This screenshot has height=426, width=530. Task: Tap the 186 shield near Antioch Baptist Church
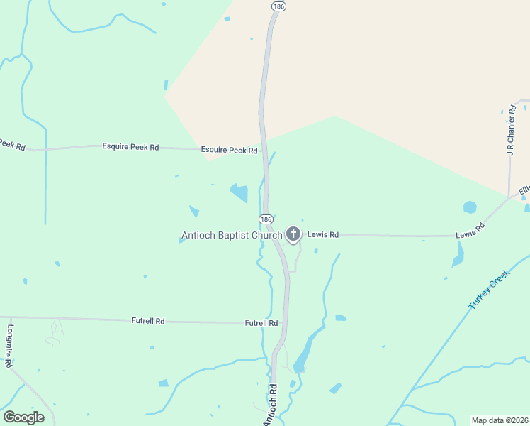pyautogui.click(x=266, y=219)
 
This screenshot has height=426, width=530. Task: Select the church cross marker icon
pyautogui.click(x=293, y=234)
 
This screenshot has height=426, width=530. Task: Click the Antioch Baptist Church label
pyautogui.click(x=232, y=235)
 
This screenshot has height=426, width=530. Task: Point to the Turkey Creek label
pyautogui.click(x=489, y=289)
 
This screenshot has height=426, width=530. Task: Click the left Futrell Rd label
pyautogui.click(x=148, y=321)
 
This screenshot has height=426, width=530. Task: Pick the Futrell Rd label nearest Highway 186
pyautogui.click(x=261, y=323)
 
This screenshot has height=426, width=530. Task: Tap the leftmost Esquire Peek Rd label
pyautogui.click(x=130, y=147)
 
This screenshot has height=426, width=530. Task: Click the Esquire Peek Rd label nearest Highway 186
pyautogui.click(x=229, y=150)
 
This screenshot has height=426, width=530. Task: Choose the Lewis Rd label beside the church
pyautogui.click(x=323, y=234)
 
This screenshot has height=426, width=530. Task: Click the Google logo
pyautogui.click(x=23, y=417)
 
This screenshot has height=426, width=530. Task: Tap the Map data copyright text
pyautogui.click(x=500, y=420)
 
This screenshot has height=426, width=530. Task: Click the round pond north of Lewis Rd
pyautogui.click(x=470, y=207)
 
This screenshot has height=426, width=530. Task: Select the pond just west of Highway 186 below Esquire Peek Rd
pyautogui.click(x=239, y=192)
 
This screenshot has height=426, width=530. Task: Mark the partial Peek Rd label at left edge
pyautogui.click(x=12, y=145)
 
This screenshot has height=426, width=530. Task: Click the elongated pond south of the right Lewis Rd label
pyautogui.click(x=459, y=253)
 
